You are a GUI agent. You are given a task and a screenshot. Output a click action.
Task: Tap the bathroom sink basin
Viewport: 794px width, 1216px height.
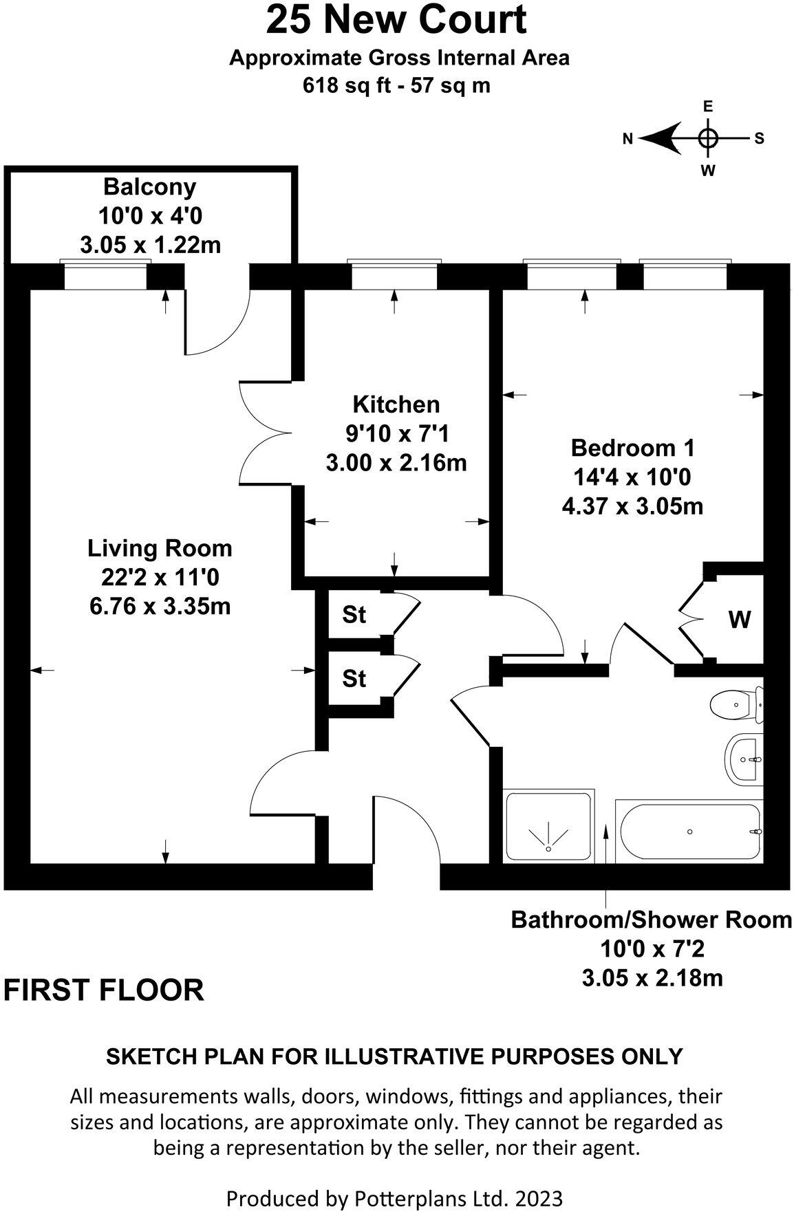coord(743,759)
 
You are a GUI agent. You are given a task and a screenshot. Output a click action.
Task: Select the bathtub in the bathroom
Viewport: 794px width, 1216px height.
coord(688,831)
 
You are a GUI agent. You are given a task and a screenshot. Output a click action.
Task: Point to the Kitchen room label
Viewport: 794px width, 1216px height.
coord(396,404)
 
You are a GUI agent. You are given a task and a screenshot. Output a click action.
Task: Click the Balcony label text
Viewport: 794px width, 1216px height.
coord(149,186)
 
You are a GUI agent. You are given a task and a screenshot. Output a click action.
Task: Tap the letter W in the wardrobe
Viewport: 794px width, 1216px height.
coord(740,620)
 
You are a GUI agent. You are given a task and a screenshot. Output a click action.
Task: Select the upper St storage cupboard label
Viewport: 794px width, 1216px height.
coord(354,614)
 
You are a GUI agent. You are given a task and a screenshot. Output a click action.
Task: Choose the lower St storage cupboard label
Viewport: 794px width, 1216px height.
coord(354,679)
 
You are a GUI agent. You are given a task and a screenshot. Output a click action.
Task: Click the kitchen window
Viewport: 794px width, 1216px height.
coord(394,276)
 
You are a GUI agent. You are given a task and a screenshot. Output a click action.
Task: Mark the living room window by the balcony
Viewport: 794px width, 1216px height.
coord(105,276)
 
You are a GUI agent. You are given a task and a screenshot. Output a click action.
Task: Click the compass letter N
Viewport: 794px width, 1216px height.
coord(627,138)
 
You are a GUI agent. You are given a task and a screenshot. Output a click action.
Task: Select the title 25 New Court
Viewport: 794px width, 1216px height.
coord(396,21)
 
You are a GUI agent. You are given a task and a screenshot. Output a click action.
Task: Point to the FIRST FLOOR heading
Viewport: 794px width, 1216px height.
coord(104,990)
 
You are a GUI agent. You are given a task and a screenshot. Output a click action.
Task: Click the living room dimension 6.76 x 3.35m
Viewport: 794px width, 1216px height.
coord(160,606)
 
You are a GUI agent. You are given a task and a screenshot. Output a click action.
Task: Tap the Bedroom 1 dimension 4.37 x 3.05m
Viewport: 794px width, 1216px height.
coord(632,506)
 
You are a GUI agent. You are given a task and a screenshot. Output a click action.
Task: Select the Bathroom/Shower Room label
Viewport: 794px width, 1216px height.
coord(651,920)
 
